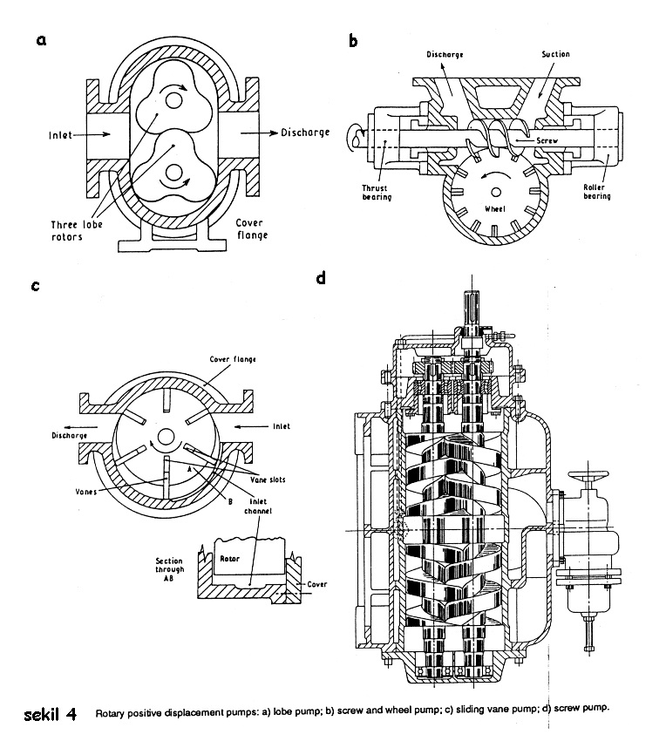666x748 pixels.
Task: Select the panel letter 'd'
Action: [322, 278]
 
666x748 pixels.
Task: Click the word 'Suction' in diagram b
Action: [555, 54]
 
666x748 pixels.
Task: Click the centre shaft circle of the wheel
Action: [497, 188]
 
